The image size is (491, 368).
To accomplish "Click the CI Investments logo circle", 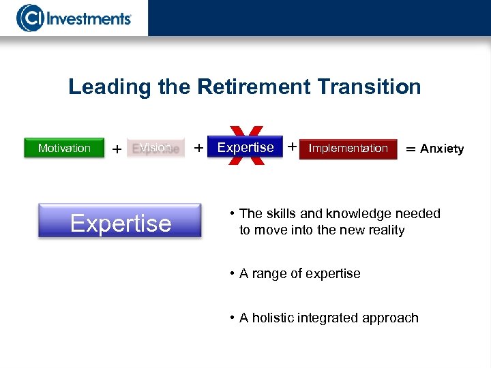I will [x=29, y=18].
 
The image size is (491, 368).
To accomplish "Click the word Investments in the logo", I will [x=87, y=18].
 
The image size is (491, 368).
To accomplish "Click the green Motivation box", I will [x=64, y=148].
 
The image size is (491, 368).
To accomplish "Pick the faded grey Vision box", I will [x=155, y=148].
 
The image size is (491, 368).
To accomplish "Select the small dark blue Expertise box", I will [x=245, y=148].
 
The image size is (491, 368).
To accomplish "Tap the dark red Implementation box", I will [x=348, y=149].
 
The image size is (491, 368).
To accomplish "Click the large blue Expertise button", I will [x=120, y=222].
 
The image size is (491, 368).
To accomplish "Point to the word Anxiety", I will [x=442, y=149].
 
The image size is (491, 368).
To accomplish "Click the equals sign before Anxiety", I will [x=411, y=149].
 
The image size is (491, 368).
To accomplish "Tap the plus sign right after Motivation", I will [x=117, y=149].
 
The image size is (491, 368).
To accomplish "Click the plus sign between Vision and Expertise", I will [x=198, y=148].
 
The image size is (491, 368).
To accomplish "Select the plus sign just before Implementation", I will [x=291, y=147].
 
